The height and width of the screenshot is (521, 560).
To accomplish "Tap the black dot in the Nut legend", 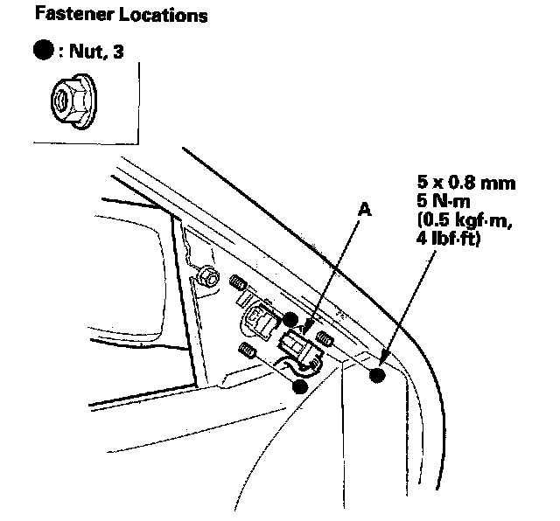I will pos(42,51).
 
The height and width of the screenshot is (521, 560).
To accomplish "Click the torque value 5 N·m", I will pos(448,201).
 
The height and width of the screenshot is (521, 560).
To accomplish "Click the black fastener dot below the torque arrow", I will pos(378,376).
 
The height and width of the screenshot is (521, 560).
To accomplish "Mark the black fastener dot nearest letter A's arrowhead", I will pos(290,320).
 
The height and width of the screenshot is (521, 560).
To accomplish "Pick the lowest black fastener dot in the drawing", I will pos(300,385).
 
